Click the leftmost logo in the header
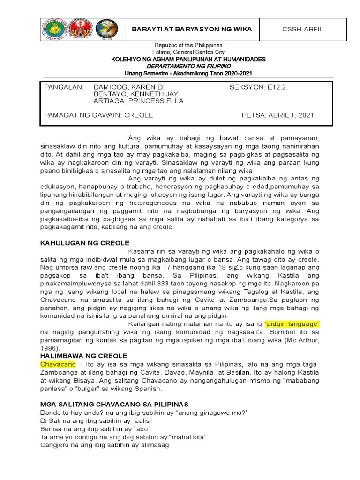(54, 29)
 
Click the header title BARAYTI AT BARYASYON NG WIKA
(192, 29)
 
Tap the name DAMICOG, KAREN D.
(129, 87)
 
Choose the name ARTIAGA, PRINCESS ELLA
(138, 101)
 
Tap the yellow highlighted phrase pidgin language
(292, 324)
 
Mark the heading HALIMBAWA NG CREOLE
(84, 356)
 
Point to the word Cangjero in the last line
(55, 446)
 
